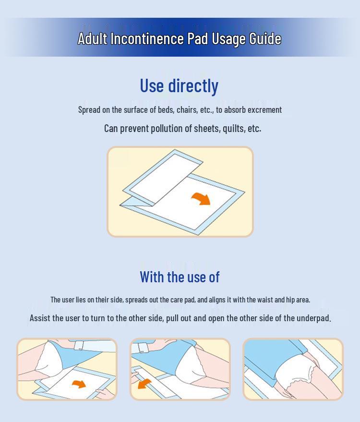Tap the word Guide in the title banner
click(265, 39)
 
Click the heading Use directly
click(179, 85)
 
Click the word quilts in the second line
click(233, 128)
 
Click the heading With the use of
click(180, 277)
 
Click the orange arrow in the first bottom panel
click(79, 384)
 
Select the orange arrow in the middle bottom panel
click(144, 384)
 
